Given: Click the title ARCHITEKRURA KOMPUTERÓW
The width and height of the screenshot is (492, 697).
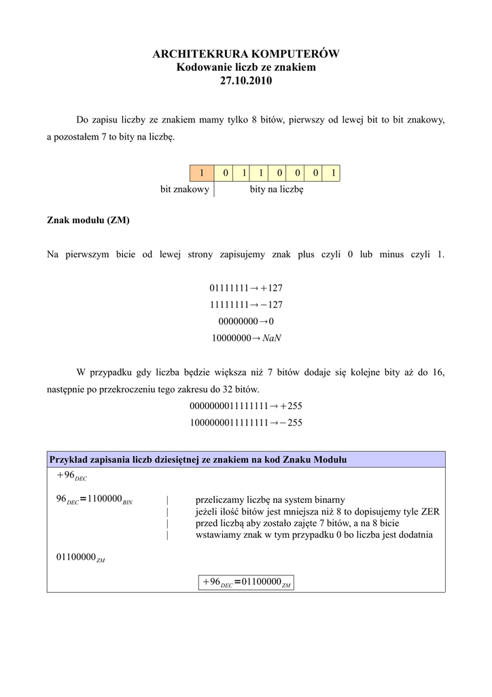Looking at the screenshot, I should pyautogui.click(x=245, y=54).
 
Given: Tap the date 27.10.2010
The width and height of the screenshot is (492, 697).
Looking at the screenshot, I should pyautogui.click(x=245, y=80).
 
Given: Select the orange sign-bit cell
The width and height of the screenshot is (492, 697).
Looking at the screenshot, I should pyautogui.click(x=201, y=173).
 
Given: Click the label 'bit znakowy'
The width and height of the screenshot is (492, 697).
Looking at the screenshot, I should pyautogui.click(x=185, y=189).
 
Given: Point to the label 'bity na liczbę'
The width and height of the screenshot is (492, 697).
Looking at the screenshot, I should pyautogui.click(x=277, y=189).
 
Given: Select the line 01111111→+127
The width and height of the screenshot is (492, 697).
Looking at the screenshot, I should pyautogui.click(x=246, y=288).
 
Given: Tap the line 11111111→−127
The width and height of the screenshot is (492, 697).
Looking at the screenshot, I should pyautogui.click(x=246, y=304).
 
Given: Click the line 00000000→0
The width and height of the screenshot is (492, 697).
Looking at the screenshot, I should pyautogui.click(x=246, y=321).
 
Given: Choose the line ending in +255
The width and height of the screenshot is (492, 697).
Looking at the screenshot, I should pyautogui.click(x=246, y=406).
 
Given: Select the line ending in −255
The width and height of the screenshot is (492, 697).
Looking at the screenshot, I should pyautogui.click(x=246, y=422).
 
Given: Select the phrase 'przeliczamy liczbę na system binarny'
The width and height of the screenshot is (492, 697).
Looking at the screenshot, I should pyautogui.click(x=270, y=500).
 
